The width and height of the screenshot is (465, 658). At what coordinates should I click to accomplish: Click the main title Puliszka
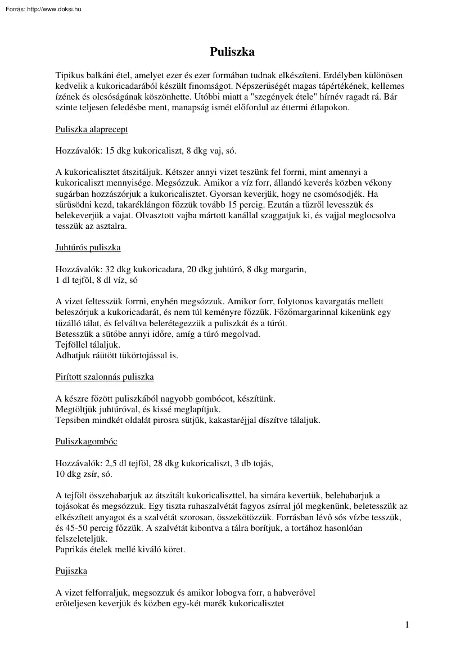pyautogui.click(x=232, y=52)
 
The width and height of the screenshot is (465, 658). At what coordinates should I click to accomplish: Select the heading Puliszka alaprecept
pyautogui.click(x=92, y=129)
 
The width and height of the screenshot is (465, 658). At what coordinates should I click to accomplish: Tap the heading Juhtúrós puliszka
pyautogui.click(x=88, y=247)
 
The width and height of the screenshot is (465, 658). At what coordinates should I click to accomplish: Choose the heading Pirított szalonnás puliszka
pyautogui.click(x=105, y=376)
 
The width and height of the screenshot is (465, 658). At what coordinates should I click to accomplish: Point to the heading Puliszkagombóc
pyautogui.click(x=86, y=441)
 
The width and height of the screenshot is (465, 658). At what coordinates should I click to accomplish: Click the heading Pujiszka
pyautogui.click(x=71, y=571)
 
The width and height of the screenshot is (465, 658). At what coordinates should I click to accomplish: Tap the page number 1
pyautogui.click(x=407, y=625)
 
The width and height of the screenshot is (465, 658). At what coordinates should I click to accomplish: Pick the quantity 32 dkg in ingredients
pyautogui.click(x=108, y=269)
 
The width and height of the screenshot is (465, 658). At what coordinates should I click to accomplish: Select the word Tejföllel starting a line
pyautogui.click(x=71, y=344)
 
